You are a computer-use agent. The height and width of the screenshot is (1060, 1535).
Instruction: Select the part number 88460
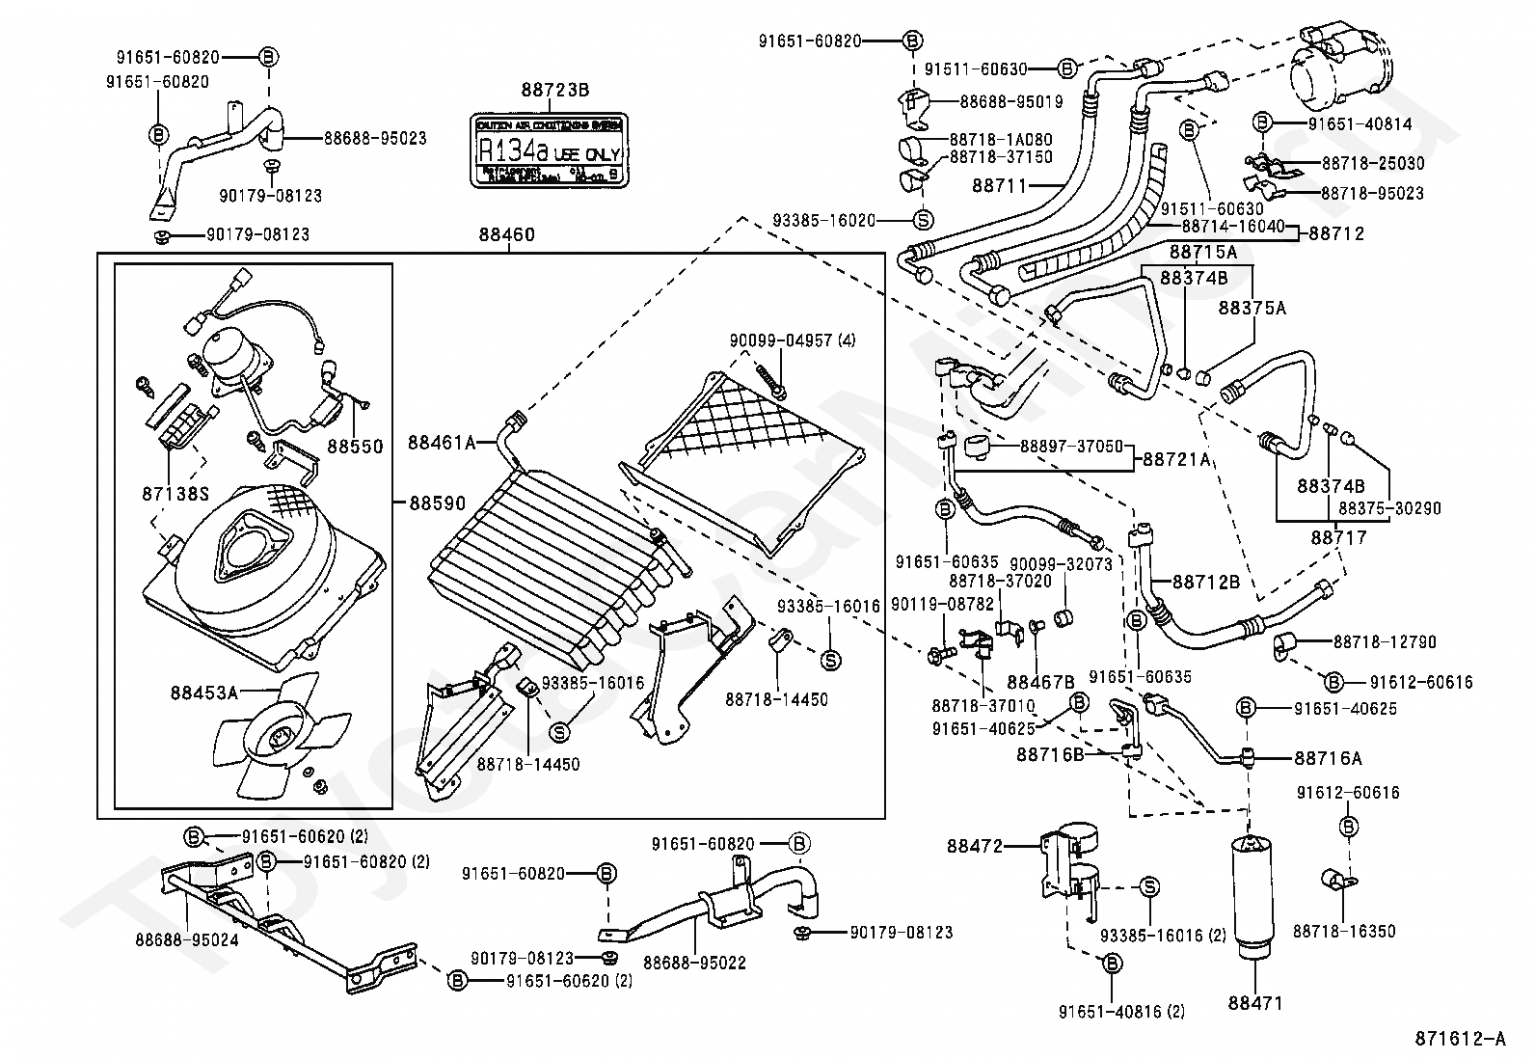point(507,234)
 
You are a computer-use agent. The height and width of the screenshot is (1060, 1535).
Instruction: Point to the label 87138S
point(175,494)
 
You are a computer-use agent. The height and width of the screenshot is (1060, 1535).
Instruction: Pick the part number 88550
point(355,447)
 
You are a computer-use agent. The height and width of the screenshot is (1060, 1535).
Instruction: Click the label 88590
point(437,503)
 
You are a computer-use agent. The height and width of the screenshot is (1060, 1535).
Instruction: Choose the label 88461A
point(442,443)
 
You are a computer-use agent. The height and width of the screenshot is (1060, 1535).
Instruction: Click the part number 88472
point(975,846)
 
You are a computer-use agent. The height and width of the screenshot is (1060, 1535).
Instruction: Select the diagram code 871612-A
point(1460,1039)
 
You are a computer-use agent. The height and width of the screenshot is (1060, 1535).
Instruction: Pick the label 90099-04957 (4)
point(792,340)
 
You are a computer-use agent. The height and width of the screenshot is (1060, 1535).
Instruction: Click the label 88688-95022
point(694,962)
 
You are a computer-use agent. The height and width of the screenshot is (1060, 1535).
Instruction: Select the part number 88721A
point(1176,460)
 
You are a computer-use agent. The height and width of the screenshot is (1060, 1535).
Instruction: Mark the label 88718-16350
point(1343,931)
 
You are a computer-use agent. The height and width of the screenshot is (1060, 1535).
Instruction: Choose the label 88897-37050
point(1058,447)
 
